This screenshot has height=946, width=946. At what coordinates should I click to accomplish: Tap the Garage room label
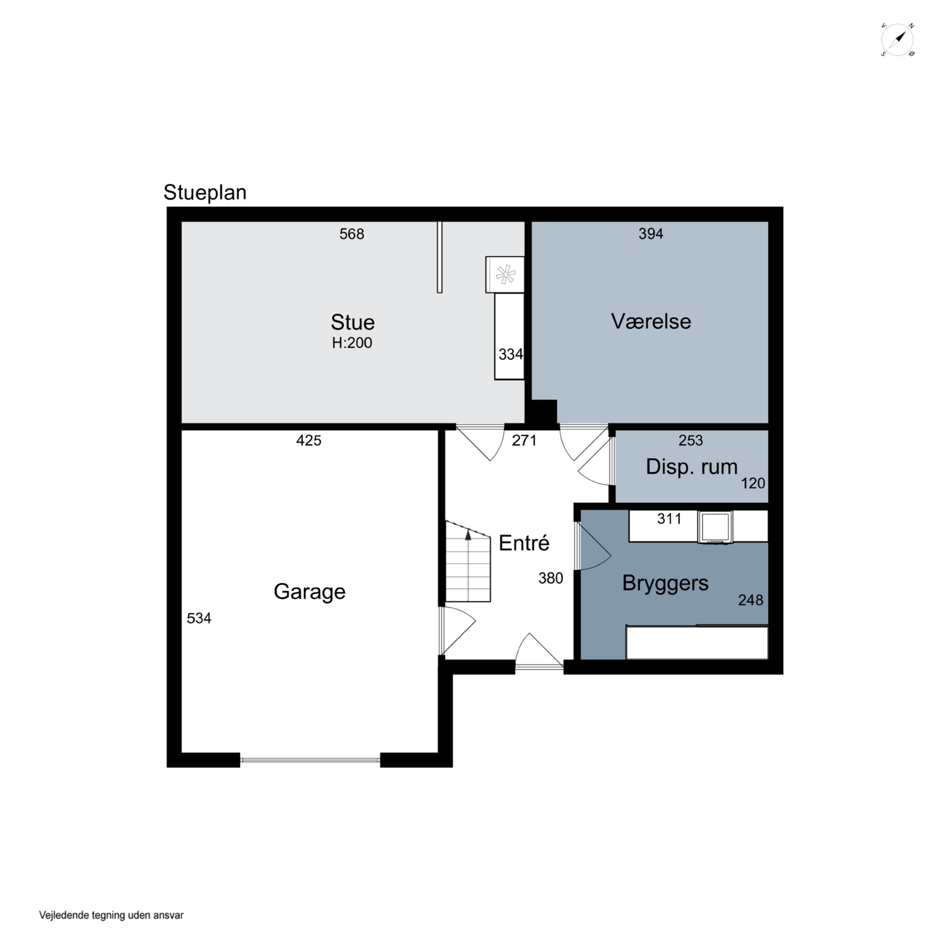click(309, 592)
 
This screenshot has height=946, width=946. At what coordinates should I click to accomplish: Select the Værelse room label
click(651, 322)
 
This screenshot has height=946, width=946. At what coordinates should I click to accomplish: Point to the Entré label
click(524, 543)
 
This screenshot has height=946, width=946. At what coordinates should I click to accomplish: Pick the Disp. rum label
click(692, 467)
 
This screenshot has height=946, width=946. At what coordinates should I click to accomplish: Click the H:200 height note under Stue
click(352, 343)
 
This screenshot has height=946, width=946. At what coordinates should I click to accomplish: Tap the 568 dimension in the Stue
click(352, 234)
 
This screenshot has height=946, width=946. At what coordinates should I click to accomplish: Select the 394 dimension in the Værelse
click(651, 234)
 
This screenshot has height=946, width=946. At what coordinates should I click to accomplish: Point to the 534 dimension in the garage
click(199, 618)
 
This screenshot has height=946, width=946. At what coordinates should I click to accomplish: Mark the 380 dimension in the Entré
click(551, 578)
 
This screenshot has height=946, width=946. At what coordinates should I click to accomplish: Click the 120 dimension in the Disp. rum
click(753, 483)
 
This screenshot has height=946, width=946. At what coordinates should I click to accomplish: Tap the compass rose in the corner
click(897, 40)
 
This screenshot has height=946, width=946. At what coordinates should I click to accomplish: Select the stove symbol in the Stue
click(505, 275)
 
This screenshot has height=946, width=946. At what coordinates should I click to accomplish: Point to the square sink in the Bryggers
click(715, 527)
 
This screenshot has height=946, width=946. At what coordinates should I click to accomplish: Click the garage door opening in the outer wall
click(310, 760)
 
